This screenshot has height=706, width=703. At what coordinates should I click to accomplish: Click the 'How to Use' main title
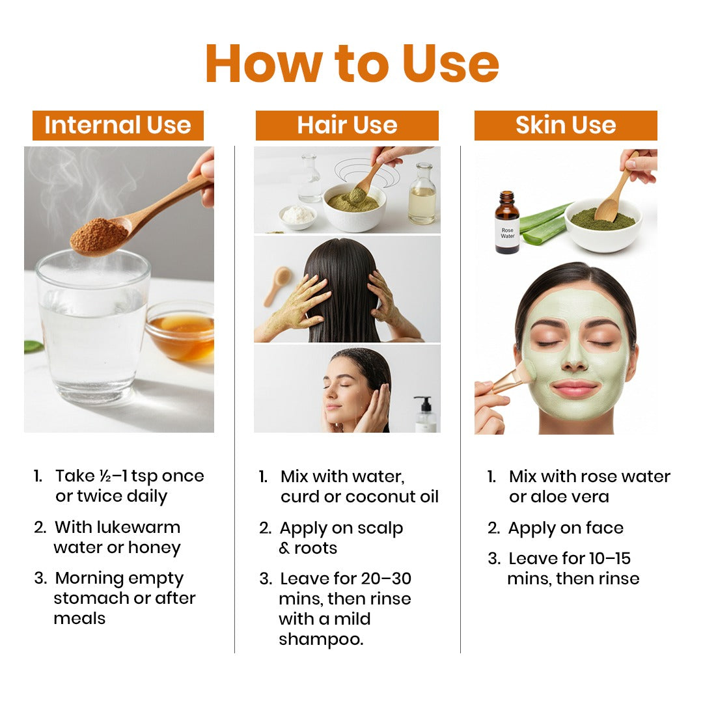pyautogui.click(x=351, y=63)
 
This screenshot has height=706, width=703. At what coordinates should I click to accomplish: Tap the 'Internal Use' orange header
pyautogui.click(x=118, y=126)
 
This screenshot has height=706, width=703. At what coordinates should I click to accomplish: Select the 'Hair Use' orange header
pyautogui.click(x=347, y=126)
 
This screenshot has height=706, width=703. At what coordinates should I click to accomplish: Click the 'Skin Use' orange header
pyautogui.click(x=566, y=126)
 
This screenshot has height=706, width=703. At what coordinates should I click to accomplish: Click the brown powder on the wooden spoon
pyautogui.click(x=99, y=236)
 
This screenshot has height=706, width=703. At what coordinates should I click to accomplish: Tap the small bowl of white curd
pyautogui.click(x=297, y=215)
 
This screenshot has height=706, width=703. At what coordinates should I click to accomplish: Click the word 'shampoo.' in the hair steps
pyautogui.click(x=321, y=639)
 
